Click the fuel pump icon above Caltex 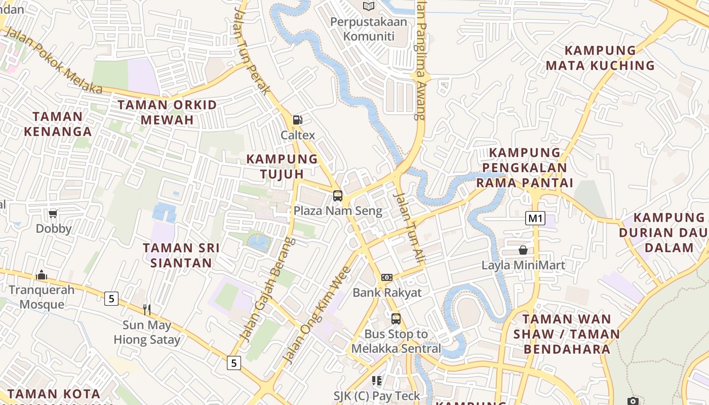tap(298, 120)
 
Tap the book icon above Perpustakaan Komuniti tap(369, 6)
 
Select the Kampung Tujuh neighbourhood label tap(282, 166)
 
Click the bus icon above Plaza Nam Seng tap(338, 195)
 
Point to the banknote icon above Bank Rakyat tap(387, 277)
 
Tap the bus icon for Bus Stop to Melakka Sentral tap(396, 319)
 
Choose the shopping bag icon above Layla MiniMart tap(523, 250)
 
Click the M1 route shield tap(535, 219)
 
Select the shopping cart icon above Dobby tap(53, 214)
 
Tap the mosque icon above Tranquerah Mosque tap(42, 275)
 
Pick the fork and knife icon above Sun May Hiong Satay tap(147, 310)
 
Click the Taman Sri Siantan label tap(181, 255)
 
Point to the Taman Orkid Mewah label tap(167, 112)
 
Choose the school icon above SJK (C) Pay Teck tap(376, 380)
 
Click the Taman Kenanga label tap(57, 124)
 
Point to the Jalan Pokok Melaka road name tap(53, 61)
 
